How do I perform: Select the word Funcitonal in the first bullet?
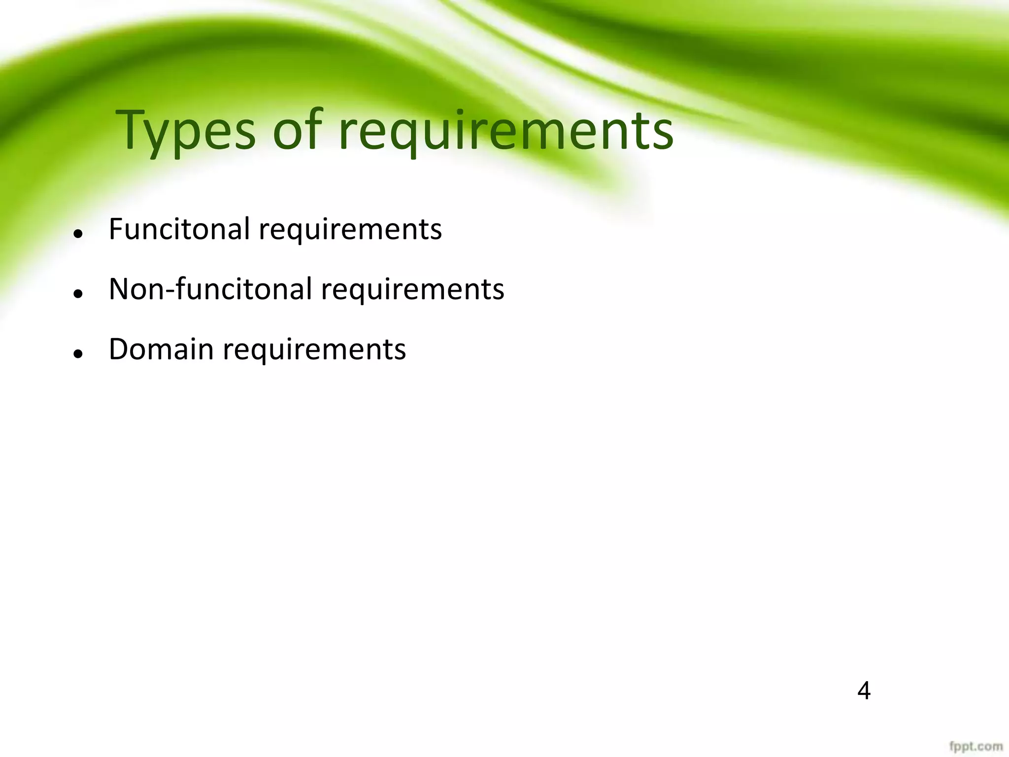pos(179,229)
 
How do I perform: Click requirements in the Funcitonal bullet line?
pos(350,230)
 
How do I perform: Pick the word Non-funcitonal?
pos(210,289)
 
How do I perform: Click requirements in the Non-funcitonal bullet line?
pos(413,290)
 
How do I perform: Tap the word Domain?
pos(161,349)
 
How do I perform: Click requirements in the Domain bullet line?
pos(314,350)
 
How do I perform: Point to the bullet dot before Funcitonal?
pos(77,234)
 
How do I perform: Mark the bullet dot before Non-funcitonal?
pos(77,294)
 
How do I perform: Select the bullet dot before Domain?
pos(77,354)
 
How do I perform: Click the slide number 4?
pos(864,691)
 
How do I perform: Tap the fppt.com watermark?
pos(976,746)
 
